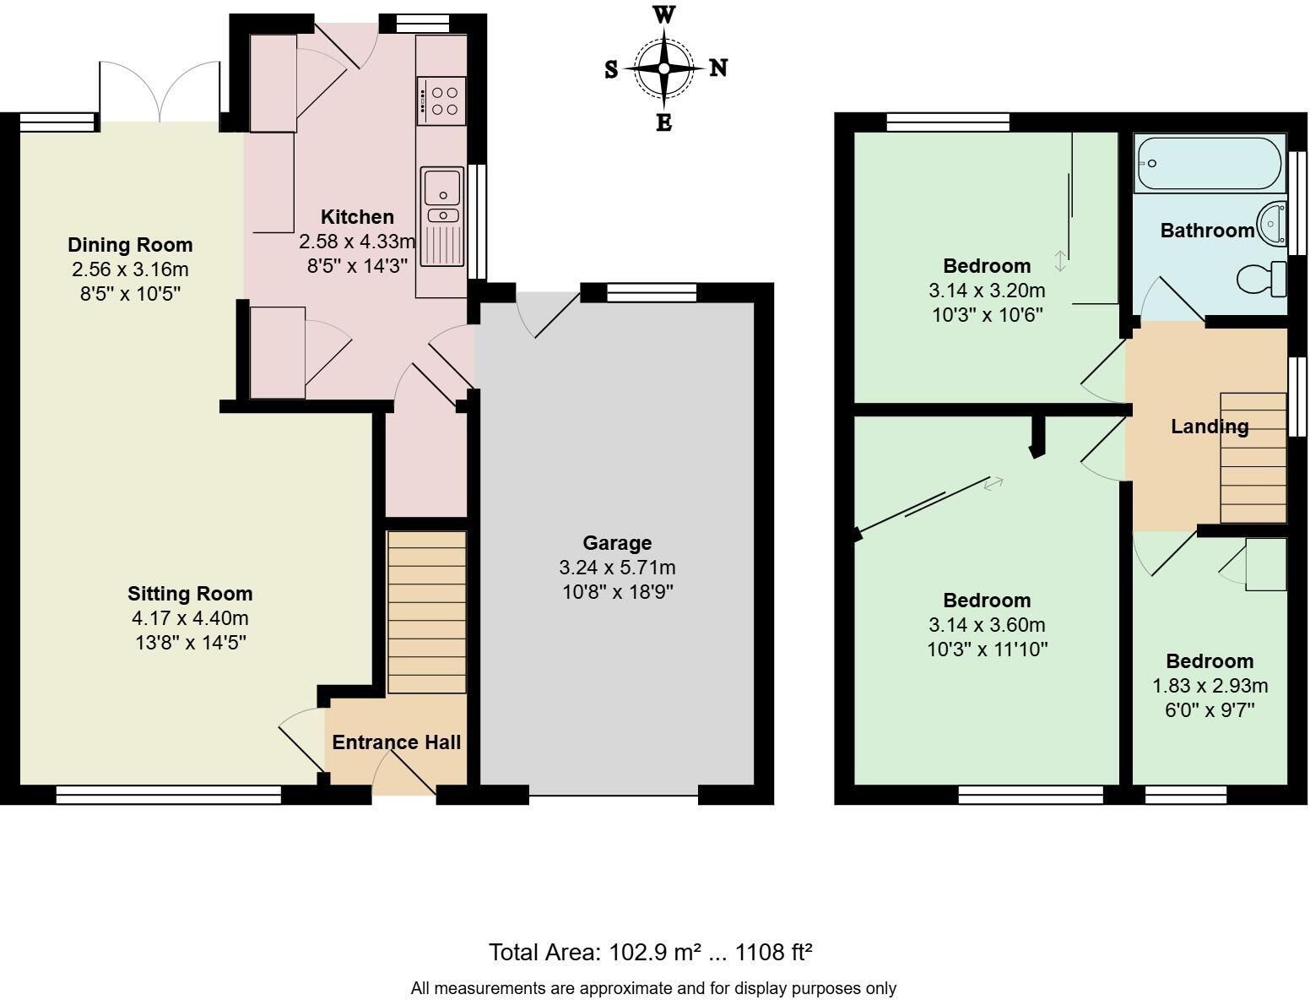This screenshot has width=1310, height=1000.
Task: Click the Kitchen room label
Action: [x=357, y=216]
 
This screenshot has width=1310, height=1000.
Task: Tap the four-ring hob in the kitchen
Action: [x=441, y=101]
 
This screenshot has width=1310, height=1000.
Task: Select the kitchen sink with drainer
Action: [x=442, y=216]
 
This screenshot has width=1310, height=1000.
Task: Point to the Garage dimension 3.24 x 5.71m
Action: [x=617, y=568]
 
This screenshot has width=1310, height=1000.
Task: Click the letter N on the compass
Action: [x=718, y=68]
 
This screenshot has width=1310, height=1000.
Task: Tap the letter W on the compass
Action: [x=664, y=15]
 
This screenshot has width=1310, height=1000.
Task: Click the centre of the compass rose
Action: [x=663, y=68]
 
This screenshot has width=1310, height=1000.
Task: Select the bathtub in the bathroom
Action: [x=1209, y=163]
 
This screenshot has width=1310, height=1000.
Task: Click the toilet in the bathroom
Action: [x=1262, y=278]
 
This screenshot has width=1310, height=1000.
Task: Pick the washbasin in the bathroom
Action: [x=1272, y=224]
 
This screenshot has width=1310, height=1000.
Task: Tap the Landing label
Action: [x=1210, y=427]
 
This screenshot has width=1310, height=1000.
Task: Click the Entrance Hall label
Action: [x=396, y=742]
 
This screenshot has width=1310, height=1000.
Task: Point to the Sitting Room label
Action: [x=190, y=594]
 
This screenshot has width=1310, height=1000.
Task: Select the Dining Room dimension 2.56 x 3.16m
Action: [x=130, y=269]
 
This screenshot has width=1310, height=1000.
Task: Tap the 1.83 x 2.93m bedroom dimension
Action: [x=1210, y=686]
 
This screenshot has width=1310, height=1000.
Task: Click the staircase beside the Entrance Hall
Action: [x=427, y=612]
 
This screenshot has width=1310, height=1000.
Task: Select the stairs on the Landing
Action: [x=1253, y=458]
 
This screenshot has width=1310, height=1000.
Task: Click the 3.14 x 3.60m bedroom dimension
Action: [x=987, y=624]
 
